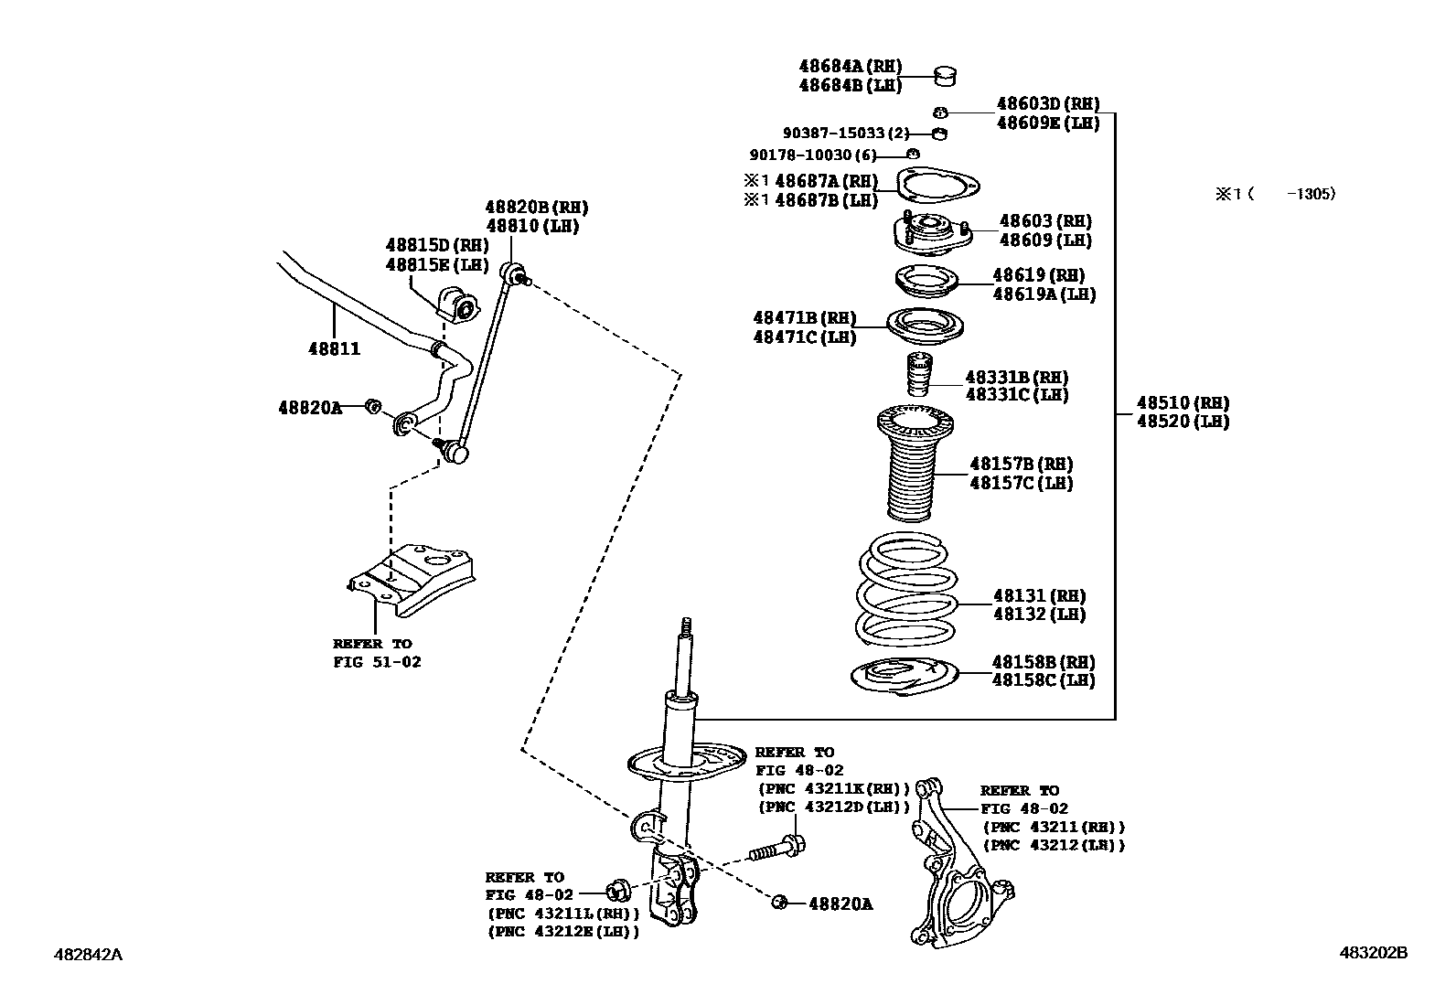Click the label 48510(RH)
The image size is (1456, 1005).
[1183, 402]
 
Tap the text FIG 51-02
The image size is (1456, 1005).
[377, 661]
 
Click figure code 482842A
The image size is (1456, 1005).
[89, 954]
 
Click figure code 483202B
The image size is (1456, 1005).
[1373, 952]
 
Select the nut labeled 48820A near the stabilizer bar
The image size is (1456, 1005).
[372, 406]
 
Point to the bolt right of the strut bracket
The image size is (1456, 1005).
[778, 847]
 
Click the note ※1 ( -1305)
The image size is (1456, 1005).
[1275, 194]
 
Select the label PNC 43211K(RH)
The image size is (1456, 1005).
[833, 788]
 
